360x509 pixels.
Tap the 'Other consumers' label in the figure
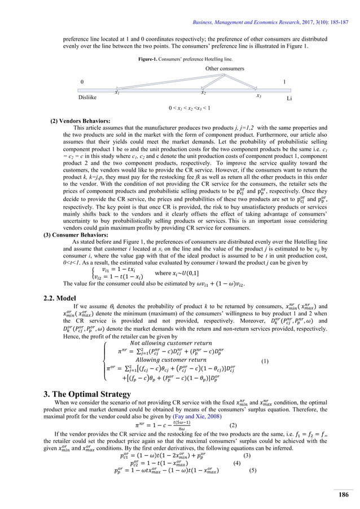click(x=228, y=68)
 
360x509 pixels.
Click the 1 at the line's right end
click(x=284, y=82)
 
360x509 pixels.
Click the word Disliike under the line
click(x=90, y=98)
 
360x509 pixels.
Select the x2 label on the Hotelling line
click(x=204, y=91)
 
